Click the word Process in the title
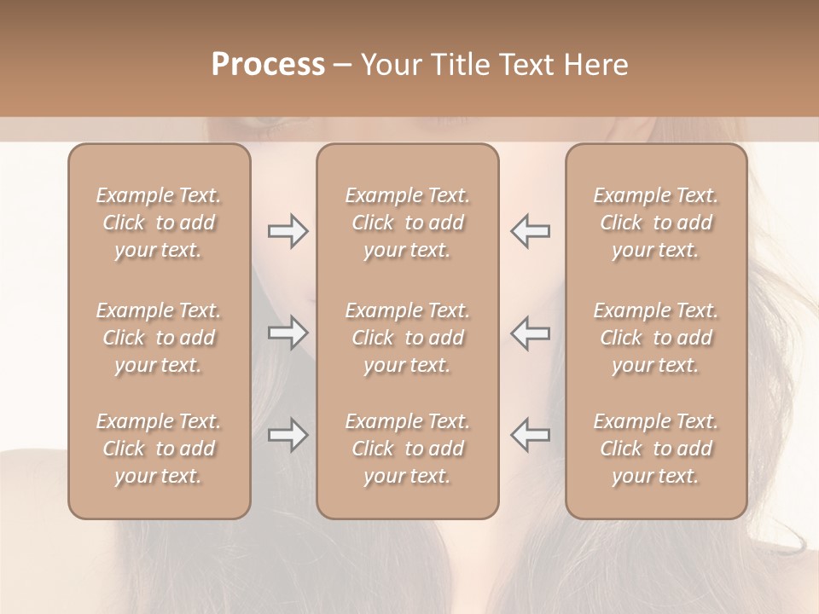[268, 65]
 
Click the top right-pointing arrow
[288, 231]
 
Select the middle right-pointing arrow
[288, 333]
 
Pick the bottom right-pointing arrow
[288, 435]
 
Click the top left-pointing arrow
[530, 231]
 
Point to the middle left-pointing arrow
[530, 333]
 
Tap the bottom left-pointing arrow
[530, 435]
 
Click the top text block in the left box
[159, 223]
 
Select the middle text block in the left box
[159, 338]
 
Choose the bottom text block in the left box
[159, 449]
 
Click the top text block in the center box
[408, 223]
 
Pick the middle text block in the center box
[408, 338]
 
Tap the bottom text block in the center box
[408, 449]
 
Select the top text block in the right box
[656, 223]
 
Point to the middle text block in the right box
[656, 338]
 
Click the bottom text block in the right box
[656, 449]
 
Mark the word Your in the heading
[388, 65]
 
